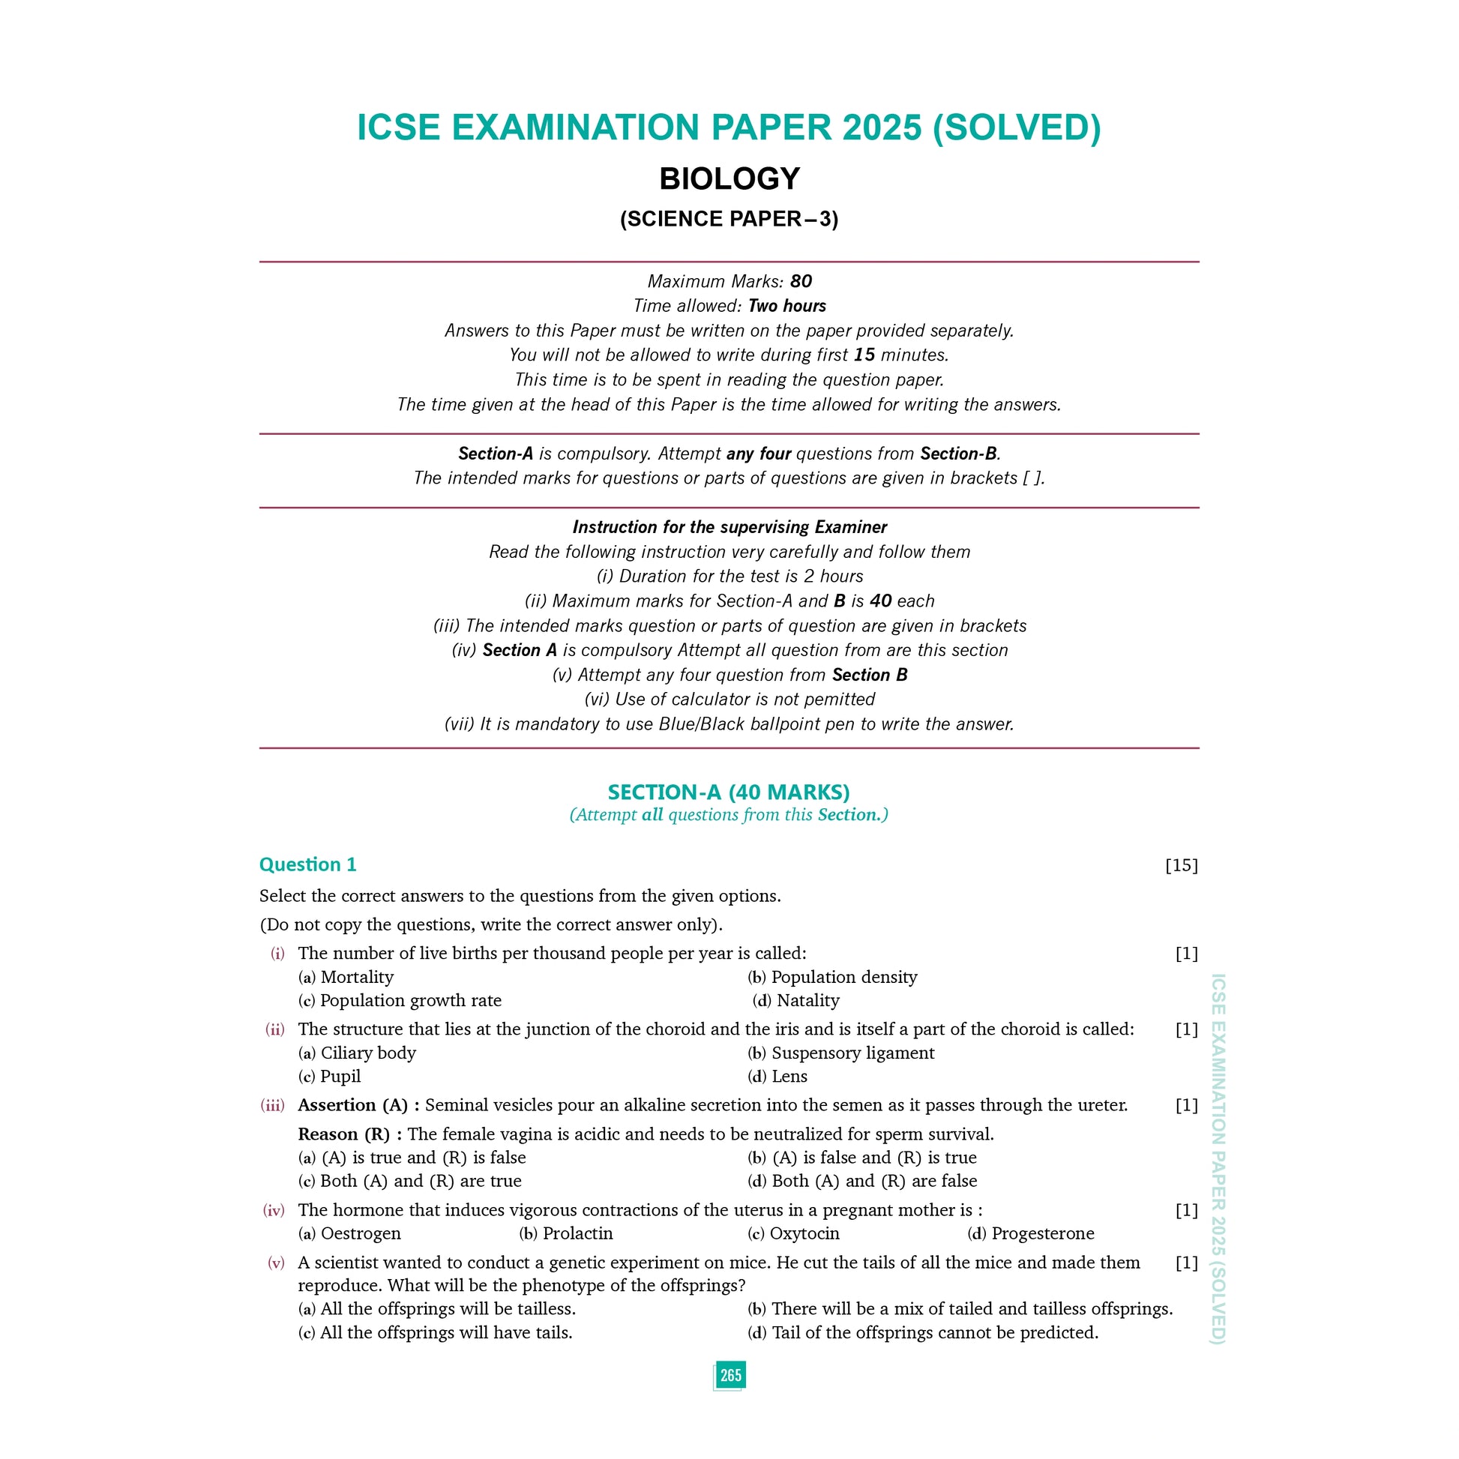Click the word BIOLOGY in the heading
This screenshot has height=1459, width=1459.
tap(729, 179)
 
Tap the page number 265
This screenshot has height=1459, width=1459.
tap(729, 1374)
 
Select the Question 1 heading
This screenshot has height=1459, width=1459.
tap(307, 864)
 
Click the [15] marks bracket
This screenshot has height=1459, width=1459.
tap(1181, 865)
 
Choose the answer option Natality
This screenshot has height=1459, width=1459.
tap(807, 1001)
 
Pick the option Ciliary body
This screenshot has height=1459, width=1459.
tap(368, 1053)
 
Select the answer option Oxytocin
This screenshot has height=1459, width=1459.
tap(804, 1233)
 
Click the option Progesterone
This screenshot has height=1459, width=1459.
tap(1042, 1233)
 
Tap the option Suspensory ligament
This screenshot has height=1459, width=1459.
tap(852, 1053)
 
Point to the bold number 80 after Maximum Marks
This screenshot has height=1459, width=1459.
tap(801, 282)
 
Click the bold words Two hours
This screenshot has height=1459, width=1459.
tap(787, 306)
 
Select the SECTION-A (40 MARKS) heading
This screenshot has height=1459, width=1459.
tap(729, 792)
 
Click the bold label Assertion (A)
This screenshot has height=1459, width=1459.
tap(353, 1106)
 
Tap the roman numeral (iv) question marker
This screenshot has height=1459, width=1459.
tap(274, 1211)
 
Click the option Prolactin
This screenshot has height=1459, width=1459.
tap(577, 1233)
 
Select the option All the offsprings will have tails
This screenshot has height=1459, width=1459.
tap(445, 1332)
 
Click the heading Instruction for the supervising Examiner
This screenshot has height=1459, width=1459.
tap(729, 527)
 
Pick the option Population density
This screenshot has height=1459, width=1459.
tap(843, 977)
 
